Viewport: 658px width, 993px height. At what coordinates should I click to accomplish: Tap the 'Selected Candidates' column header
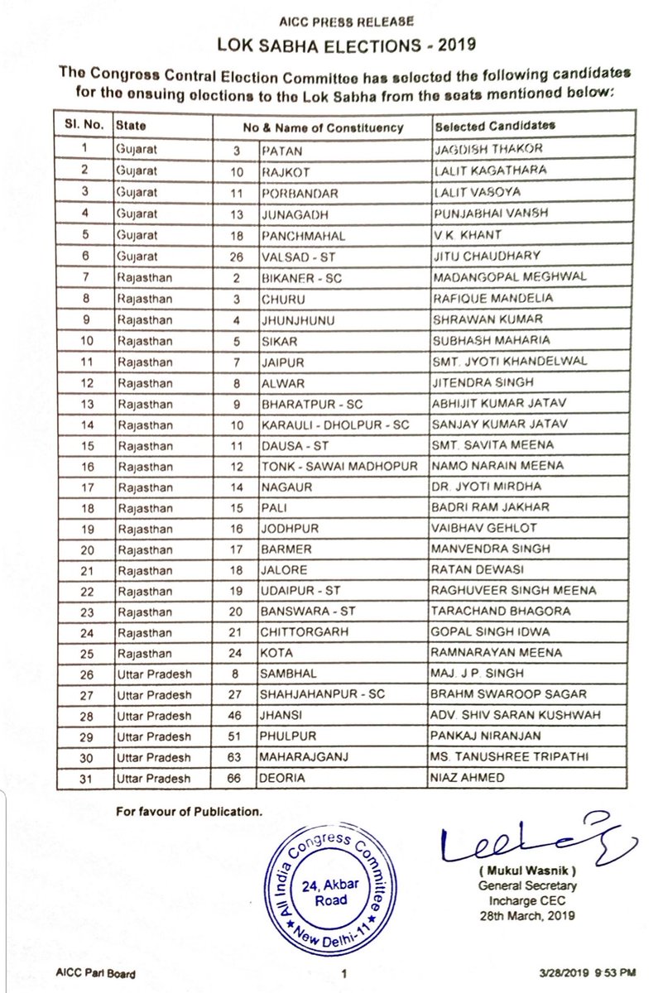(494, 127)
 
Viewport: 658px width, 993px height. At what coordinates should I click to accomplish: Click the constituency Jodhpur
(286, 529)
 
